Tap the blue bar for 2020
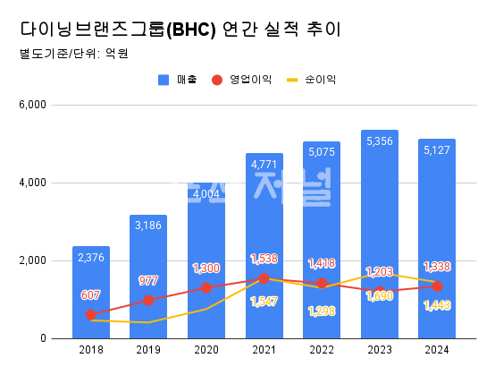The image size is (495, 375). pos(206,268)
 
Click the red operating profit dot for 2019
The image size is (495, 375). pos(148,301)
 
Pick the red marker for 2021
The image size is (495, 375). pos(264,279)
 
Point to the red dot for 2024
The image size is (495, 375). pos(437,286)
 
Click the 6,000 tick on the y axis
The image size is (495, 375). pos(31,106)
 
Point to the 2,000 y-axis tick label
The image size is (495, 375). pos(31,261)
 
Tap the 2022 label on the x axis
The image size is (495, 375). pos(322,351)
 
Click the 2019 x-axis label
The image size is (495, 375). pos(148,351)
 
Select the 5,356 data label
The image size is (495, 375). pos(380,141)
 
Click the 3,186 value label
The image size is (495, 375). pos(148,226)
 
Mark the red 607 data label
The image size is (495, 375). pos(91,295)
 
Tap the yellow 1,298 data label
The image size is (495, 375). pos(322,311)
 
